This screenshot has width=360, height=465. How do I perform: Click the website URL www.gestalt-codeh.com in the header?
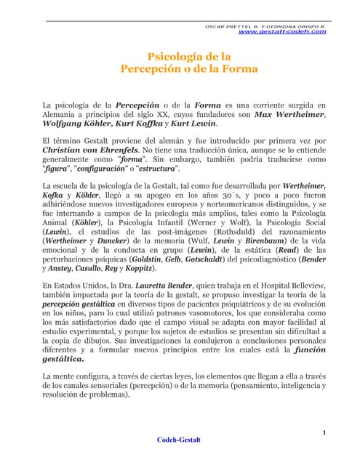282,32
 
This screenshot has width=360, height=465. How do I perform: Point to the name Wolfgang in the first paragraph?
65,124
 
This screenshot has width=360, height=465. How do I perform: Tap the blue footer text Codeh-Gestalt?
180,440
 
